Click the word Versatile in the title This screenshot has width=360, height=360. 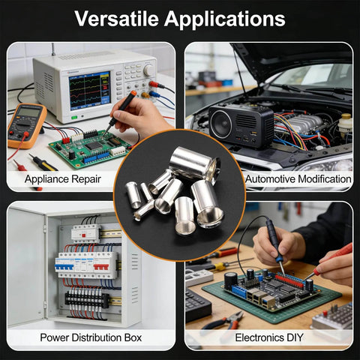tap(116, 19)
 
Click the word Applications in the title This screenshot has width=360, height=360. tap(225, 19)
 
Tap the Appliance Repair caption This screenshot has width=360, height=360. tap(63, 179)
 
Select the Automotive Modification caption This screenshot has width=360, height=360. tap(298, 179)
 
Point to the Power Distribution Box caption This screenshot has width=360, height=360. tap(91, 337)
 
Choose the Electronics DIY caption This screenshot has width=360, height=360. tap(269, 337)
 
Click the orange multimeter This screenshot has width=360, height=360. tap(26, 126)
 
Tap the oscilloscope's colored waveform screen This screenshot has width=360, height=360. tap(89, 91)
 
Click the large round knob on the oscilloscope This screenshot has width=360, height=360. tap(149, 70)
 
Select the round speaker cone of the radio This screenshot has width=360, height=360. tap(221, 124)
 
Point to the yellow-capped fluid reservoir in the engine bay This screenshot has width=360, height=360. tap(346, 123)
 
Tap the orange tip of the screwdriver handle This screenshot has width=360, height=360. tap(133, 94)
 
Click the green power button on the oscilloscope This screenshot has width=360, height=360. tap(74, 117)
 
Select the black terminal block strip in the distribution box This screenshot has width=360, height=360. tap(87, 299)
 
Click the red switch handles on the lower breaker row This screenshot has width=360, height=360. tap(101, 267)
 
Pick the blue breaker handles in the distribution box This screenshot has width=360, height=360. tap(64, 267)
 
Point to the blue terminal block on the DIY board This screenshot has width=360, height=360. tap(239, 291)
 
